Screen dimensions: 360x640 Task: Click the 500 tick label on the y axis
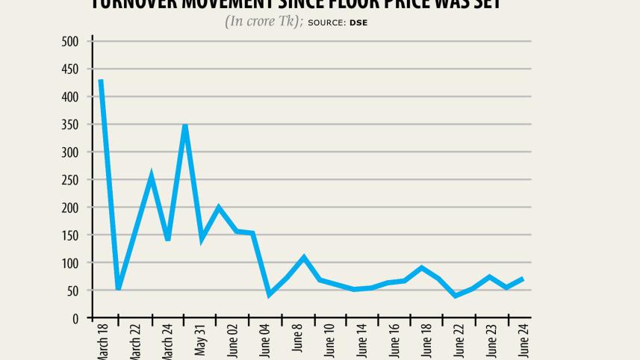pyautogui.click(x=70, y=42)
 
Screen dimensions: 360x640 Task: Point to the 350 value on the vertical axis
pyautogui.click(x=70, y=125)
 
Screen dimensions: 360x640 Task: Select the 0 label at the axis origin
pyautogui.click(x=75, y=319)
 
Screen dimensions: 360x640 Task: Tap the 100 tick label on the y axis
pyautogui.click(x=70, y=264)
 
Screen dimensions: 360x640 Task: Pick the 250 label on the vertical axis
pyautogui.click(x=70, y=180)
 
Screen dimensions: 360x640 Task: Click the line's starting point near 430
pyautogui.click(x=100, y=81)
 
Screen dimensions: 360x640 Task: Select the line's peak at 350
pyautogui.click(x=184, y=125)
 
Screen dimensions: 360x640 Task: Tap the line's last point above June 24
pyautogui.click(x=522, y=279)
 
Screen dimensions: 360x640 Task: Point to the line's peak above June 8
pyautogui.click(x=304, y=258)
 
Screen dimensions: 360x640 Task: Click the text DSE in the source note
pyautogui.click(x=358, y=22)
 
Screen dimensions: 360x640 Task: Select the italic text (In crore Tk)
pyautogui.click(x=263, y=22)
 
